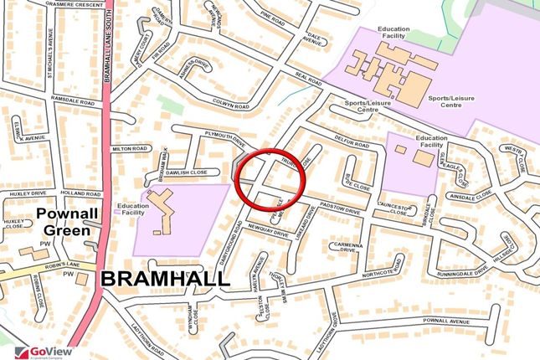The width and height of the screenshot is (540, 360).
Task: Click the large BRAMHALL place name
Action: tap(165, 280)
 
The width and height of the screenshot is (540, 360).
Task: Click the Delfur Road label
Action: tap(350, 143)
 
